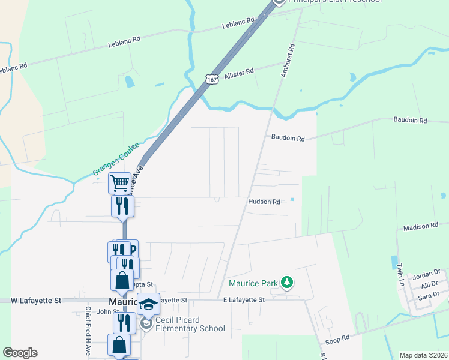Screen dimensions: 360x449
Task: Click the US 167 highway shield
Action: pyautogui.click(x=211, y=79)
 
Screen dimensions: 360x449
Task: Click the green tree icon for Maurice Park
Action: pyautogui.click(x=288, y=282)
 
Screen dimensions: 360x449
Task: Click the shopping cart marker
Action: pyautogui.click(x=119, y=183)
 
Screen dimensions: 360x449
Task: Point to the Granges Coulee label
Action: pyautogui.click(x=116, y=159)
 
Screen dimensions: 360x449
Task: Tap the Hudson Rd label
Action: pyautogui.click(x=264, y=202)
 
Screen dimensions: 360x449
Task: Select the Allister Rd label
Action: pyautogui.click(x=239, y=74)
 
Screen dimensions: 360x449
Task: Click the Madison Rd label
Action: pyautogui.click(x=421, y=227)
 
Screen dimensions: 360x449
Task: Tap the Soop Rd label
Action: pyautogui.click(x=337, y=339)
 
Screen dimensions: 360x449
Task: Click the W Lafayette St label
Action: pyautogui.click(x=36, y=299)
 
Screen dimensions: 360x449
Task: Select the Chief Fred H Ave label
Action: pyautogui.click(x=88, y=332)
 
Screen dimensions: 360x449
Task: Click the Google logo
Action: pyautogui.click(x=20, y=353)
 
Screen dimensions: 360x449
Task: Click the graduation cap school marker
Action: pyautogui.click(x=149, y=304)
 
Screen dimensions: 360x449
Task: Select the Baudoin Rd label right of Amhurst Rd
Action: pyautogui.click(x=410, y=120)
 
